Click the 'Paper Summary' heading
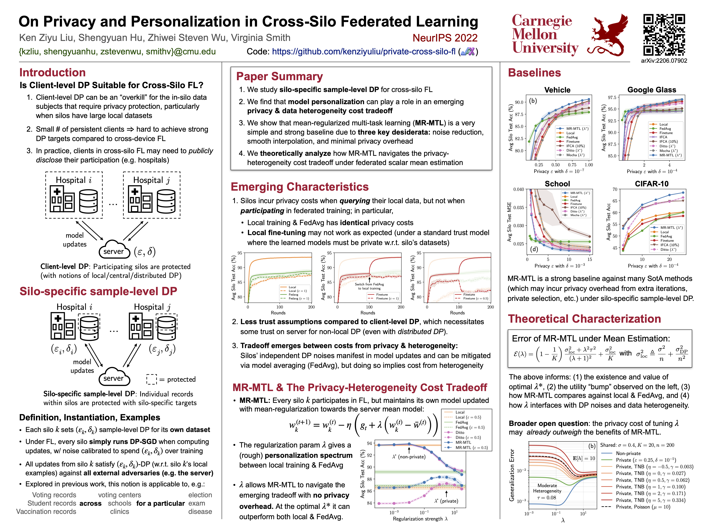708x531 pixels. click(280, 77)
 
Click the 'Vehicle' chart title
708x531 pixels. click(557, 90)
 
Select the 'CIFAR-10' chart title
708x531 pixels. click(651, 184)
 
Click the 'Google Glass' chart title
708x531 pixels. click(651, 90)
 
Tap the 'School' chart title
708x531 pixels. click(557, 184)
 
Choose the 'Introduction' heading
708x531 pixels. click(53, 73)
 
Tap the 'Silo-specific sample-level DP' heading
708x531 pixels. click(98, 291)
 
